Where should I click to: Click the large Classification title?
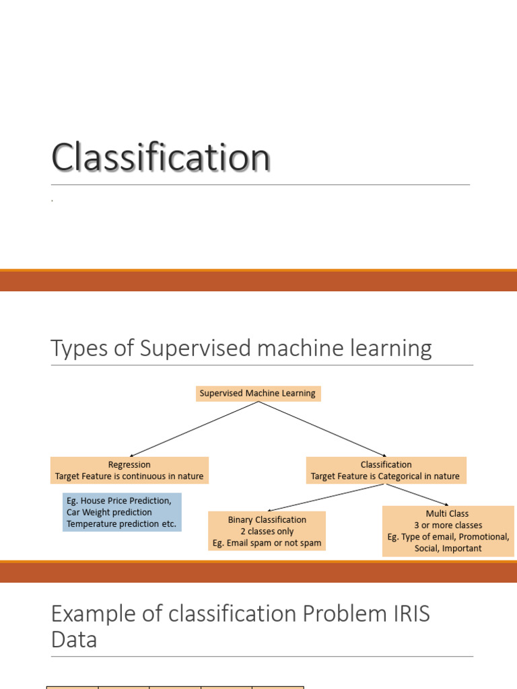[x=161, y=158]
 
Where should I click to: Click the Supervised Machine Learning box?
[x=258, y=393]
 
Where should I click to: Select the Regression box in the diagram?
[x=129, y=470]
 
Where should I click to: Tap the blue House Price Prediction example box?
[x=122, y=512]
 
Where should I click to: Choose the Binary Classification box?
[x=267, y=531]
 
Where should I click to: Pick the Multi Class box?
[x=448, y=531]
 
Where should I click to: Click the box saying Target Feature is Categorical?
[x=386, y=470]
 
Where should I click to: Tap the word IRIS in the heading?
[x=405, y=614]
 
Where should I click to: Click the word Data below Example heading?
[x=74, y=639]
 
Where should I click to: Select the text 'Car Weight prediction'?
[x=109, y=512]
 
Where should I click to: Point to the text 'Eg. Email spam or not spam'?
[x=267, y=543]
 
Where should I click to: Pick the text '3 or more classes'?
[x=448, y=525]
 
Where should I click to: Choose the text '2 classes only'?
[x=267, y=531]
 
